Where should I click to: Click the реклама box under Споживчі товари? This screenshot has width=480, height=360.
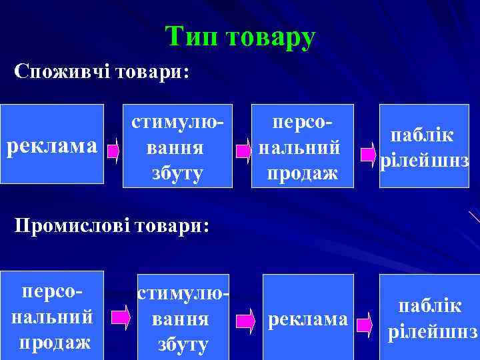[52, 144]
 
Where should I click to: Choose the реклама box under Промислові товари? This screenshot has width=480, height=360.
[307, 320]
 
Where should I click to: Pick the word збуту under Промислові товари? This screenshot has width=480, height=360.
[183, 344]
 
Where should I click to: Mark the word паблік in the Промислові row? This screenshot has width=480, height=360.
[429, 305]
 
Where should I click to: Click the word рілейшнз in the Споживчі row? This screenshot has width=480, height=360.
[424, 162]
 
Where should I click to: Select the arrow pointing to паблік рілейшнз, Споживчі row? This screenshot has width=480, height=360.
[369, 155]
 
